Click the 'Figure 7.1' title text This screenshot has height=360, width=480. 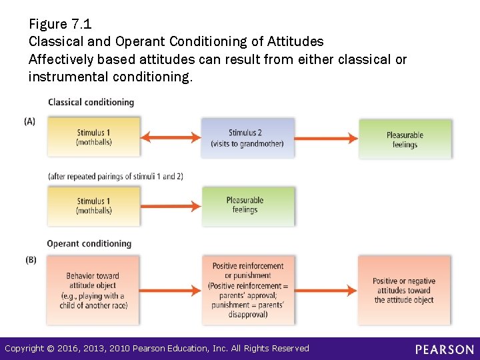[x=60, y=25]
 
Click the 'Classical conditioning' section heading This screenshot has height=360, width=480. [x=91, y=103]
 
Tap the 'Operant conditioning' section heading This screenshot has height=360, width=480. [x=89, y=244]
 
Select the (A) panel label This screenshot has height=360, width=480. [x=30, y=121]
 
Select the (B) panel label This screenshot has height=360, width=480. [x=31, y=260]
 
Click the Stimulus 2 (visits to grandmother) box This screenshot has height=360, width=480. [x=247, y=138]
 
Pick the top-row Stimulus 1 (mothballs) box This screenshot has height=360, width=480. [x=94, y=137]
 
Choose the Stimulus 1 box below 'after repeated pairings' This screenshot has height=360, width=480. [x=94, y=206]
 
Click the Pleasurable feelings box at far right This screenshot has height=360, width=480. [x=405, y=139]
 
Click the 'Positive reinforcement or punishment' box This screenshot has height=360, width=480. [x=247, y=289]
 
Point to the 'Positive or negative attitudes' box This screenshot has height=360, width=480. [x=403, y=290]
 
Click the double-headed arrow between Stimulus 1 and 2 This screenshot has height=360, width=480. [x=171, y=138]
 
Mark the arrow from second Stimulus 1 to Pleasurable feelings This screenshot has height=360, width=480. [x=171, y=206]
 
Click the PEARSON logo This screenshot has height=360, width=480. [x=444, y=349]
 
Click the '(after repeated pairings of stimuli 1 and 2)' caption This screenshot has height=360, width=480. [x=115, y=177]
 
